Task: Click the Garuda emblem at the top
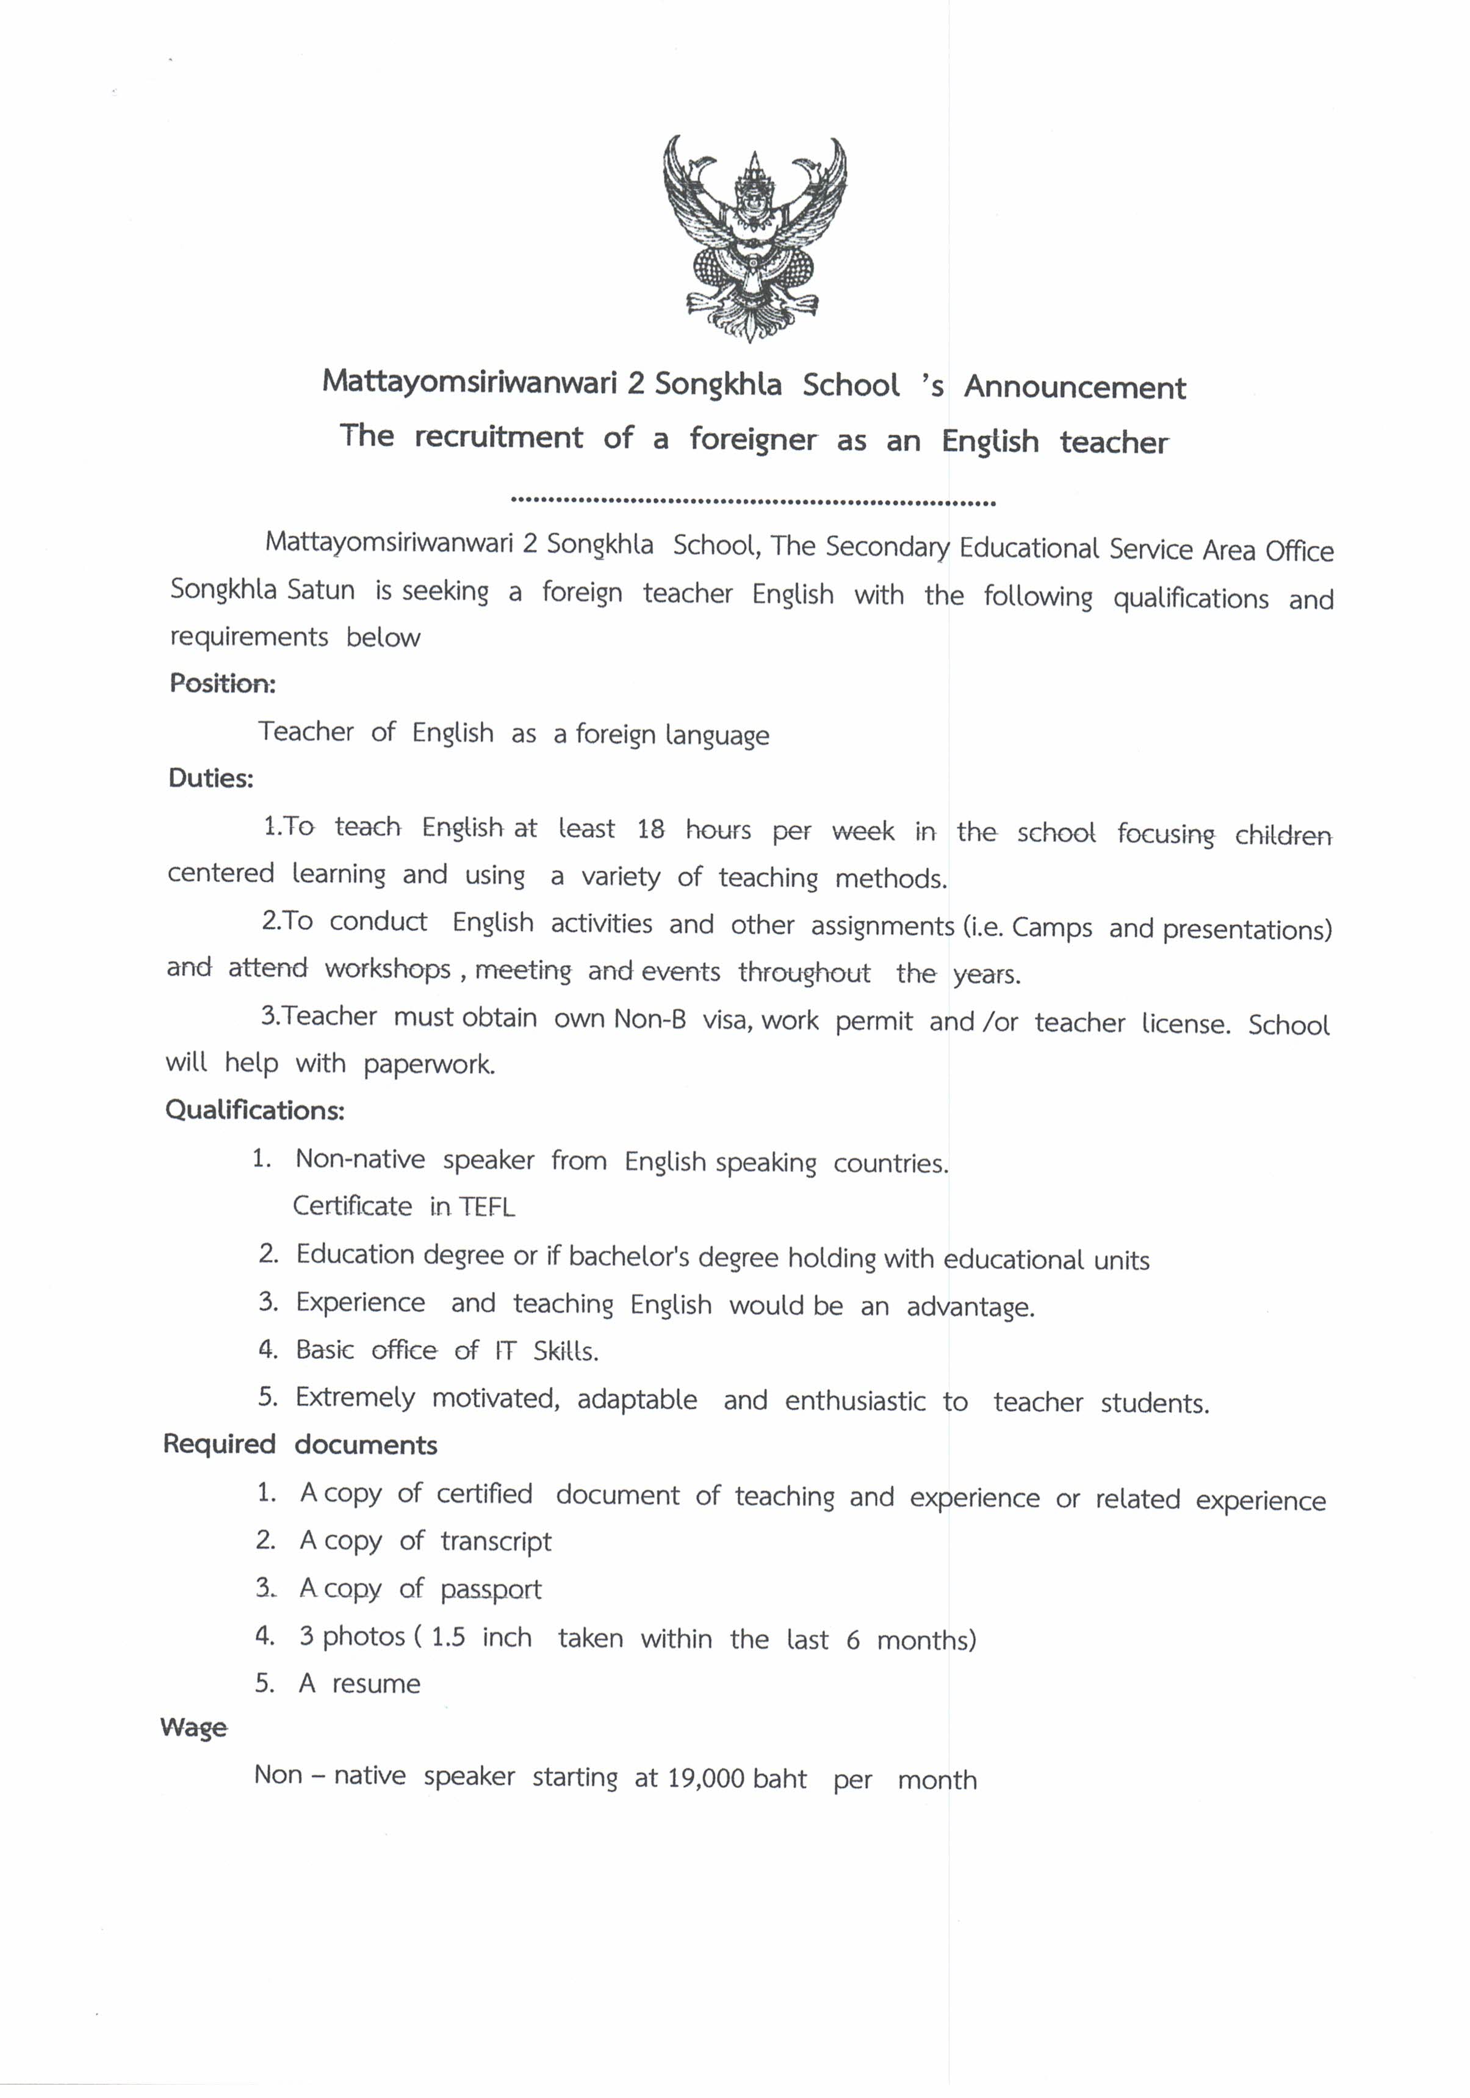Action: [x=754, y=237]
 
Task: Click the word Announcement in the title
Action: [x=1075, y=388]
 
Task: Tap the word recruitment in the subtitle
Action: [x=498, y=438]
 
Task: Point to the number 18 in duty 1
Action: [x=650, y=830]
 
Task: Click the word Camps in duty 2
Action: [x=1051, y=927]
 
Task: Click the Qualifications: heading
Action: [x=255, y=1110]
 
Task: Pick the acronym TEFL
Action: [x=487, y=1207]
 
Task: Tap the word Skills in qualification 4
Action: [x=566, y=1350]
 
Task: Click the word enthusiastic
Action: [x=855, y=1401]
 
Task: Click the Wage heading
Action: [x=193, y=1728]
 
